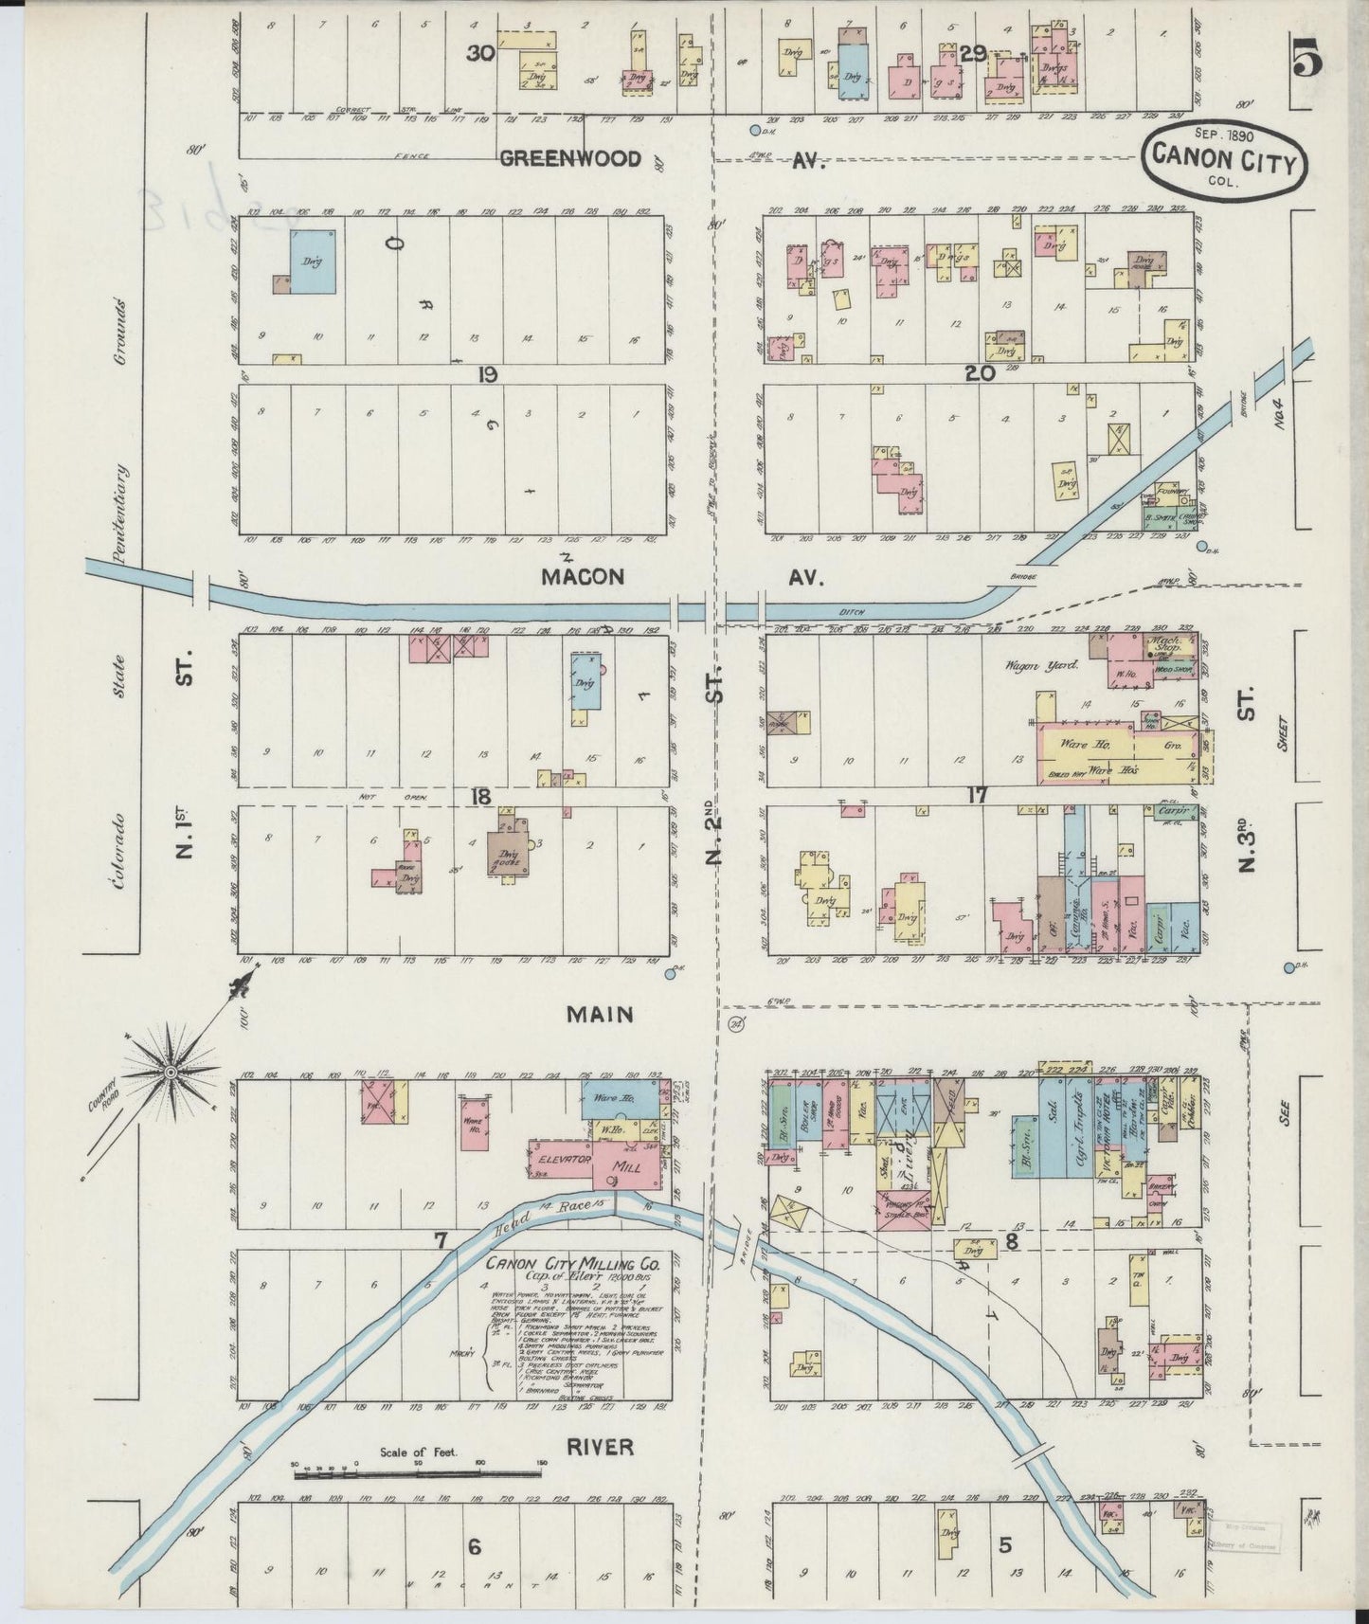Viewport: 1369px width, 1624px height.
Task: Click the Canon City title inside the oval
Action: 1223,163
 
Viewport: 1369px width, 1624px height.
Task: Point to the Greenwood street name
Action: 569,159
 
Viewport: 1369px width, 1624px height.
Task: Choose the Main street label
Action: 600,1015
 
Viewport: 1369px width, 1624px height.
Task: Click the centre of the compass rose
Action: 171,1072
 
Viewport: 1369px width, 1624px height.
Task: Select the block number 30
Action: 480,54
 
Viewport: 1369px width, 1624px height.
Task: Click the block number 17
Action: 976,797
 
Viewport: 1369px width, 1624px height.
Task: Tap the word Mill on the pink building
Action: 627,1167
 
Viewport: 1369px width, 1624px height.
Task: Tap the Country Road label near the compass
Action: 102,1095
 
